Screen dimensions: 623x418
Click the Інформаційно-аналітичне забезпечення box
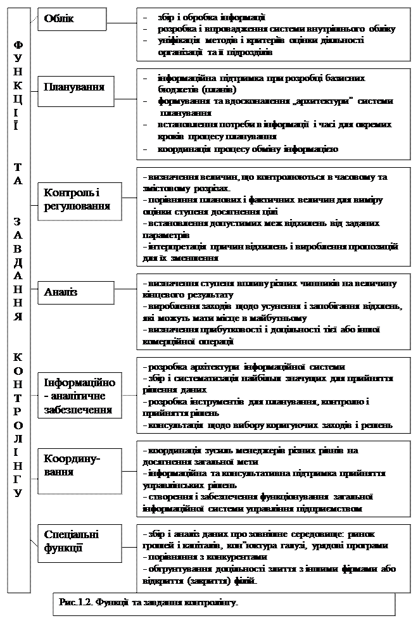[79, 396]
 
